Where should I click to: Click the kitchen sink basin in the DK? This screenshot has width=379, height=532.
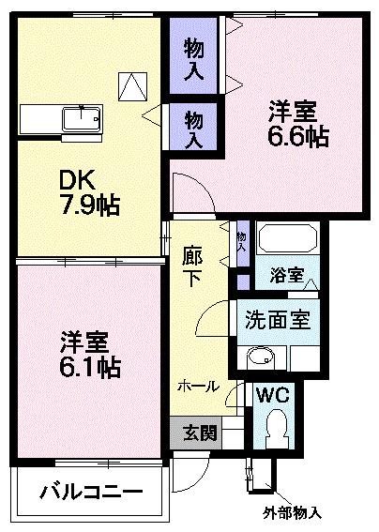point(78,119)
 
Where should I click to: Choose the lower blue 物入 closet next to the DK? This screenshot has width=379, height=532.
point(193,128)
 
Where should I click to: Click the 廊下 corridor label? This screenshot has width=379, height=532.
point(192,266)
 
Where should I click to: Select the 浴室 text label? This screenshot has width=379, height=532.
point(286,276)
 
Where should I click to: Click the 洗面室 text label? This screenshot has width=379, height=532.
point(278,319)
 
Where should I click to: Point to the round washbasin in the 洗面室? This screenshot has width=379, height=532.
point(260,357)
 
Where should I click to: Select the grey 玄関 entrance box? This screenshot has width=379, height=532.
point(196,433)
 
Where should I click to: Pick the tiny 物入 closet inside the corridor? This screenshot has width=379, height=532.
point(241,242)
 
